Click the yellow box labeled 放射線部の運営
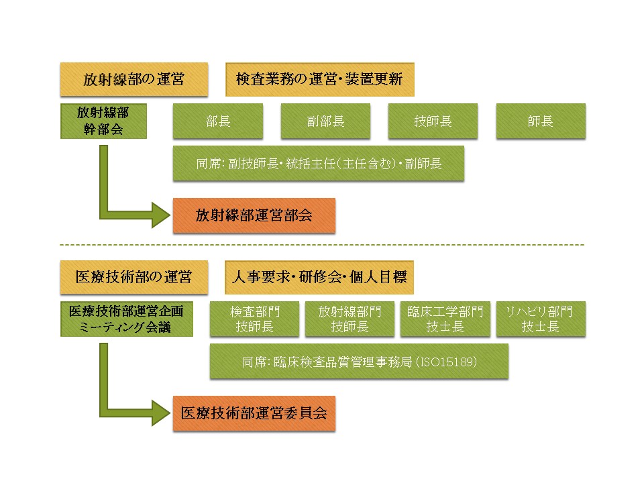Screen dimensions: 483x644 [133, 80]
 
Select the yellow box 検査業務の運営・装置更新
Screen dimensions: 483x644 [319, 80]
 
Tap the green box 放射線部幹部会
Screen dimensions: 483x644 [103, 121]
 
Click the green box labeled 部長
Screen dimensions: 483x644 [218, 121]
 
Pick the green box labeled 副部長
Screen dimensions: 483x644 [325, 121]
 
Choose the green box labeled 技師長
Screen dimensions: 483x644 [433, 121]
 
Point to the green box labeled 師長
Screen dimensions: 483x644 [541, 121]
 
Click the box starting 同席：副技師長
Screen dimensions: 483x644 [318, 163]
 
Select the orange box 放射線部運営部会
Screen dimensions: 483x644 [254, 215]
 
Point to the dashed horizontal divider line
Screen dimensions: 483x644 [322, 245]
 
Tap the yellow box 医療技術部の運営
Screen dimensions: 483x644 [133, 277]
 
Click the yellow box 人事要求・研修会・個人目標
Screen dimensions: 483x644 [319, 277]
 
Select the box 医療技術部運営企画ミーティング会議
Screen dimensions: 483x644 [126, 319]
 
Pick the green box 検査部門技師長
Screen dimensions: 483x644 [254, 319]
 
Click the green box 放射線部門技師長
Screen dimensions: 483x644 [349, 319]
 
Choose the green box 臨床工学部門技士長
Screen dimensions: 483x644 [445, 319]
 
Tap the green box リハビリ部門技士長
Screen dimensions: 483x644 [540, 319]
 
